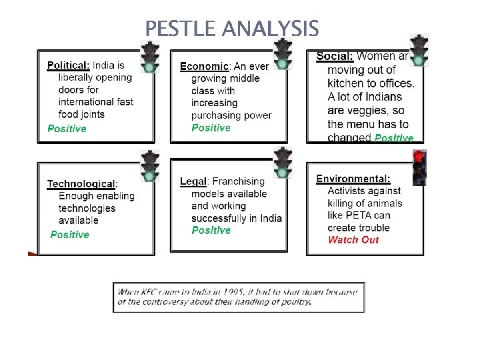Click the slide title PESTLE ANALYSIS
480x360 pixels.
point(232,29)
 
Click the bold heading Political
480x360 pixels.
point(68,65)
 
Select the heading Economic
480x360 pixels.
point(205,66)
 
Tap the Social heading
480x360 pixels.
point(334,56)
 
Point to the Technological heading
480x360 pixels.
point(81,183)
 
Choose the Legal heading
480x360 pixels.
point(193,181)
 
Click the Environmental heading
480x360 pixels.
point(353,179)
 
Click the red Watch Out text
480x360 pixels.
point(353,240)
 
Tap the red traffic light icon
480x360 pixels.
point(419,167)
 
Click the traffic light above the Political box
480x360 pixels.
point(150,57)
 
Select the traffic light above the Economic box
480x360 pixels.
point(283,54)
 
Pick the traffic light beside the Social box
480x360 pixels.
point(419,50)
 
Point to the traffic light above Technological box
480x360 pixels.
point(150,167)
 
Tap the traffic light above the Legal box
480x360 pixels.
point(283,163)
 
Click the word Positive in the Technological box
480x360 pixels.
point(69,235)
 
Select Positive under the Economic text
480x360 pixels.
point(211,127)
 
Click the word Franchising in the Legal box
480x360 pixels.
point(238,181)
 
